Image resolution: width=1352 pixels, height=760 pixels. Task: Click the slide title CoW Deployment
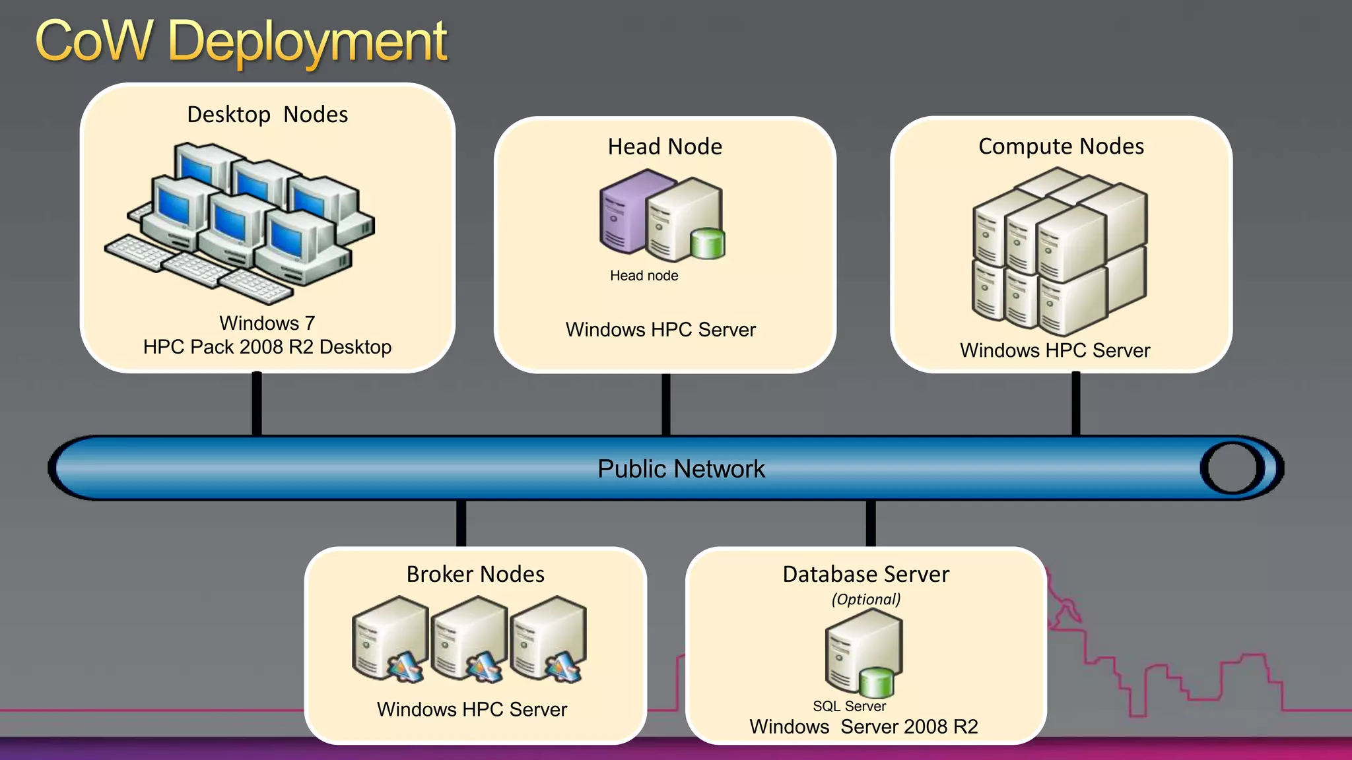(241, 42)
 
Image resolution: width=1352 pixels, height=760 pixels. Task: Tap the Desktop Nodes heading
(267, 115)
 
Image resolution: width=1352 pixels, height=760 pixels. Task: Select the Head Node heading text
(665, 146)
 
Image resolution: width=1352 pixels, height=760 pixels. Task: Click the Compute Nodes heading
(1061, 146)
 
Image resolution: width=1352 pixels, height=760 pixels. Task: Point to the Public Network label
(681, 469)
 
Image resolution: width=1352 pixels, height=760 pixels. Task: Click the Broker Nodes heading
(475, 574)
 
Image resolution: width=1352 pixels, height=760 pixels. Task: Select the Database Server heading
(865, 574)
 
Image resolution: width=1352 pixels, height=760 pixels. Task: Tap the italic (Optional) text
(865, 599)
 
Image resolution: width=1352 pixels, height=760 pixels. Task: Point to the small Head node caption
(644, 276)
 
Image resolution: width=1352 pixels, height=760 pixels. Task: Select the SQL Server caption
(849, 707)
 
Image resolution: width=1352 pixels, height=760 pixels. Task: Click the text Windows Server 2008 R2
(863, 727)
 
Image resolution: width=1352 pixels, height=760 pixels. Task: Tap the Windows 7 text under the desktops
(267, 323)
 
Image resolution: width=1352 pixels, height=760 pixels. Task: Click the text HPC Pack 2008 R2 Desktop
(267, 347)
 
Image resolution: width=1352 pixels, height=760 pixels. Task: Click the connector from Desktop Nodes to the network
(257, 404)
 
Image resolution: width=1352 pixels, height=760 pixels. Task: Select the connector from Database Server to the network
(871, 523)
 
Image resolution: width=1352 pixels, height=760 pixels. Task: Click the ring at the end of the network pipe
(1232, 468)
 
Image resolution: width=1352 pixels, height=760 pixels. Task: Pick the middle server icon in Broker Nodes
(469, 639)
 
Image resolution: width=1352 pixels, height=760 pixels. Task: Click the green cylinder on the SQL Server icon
(876, 682)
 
